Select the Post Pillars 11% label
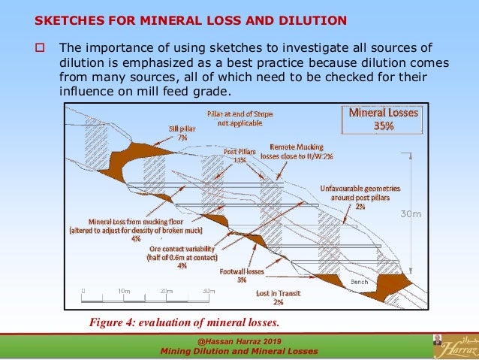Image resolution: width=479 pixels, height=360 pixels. [239, 156]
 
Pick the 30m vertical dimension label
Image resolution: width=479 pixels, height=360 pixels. [410, 214]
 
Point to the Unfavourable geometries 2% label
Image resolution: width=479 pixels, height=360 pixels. [360, 197]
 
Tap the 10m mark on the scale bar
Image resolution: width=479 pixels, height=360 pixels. [125, 290]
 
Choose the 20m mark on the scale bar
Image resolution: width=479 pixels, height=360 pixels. [167, 290]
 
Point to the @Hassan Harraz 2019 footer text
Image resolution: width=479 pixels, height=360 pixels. [239, 340]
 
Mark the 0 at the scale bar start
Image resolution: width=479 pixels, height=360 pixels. [83, 290]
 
